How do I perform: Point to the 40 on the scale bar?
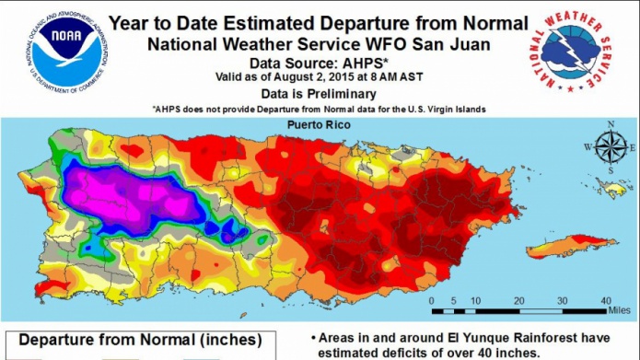click(x=605, y=300)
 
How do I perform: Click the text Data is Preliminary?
click(x=320, y=93)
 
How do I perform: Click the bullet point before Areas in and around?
click(x=316, y=337)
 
